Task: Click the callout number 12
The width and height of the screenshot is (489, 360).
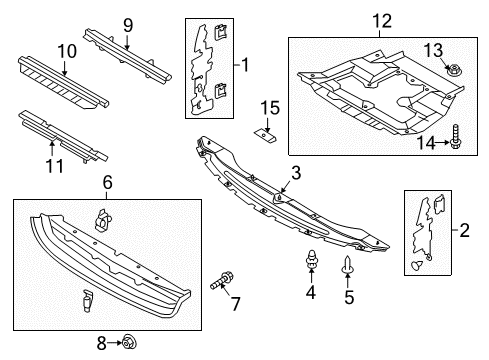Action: (x=382, y=21)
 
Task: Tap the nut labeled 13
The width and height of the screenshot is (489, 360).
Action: (x=452, y=71)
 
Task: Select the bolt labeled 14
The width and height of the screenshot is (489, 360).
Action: (x=455, y=137)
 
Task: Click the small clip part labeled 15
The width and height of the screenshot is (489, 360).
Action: (x=266, y=135)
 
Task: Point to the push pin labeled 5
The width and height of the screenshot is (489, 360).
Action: (x=347, y=265)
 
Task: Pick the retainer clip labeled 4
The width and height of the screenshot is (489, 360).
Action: (x=311, y=259)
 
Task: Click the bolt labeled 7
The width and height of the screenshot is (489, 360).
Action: (x=222, y=281)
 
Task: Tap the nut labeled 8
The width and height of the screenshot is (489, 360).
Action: (x=129, y=342)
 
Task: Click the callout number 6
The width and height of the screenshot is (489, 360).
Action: (x=107, y=183)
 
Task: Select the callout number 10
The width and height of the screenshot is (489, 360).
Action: (x=67, y=51)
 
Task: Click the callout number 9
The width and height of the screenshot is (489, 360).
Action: (x=128, y=26)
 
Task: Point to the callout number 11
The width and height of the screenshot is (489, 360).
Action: (x=54, y=166)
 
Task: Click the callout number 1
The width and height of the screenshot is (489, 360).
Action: (x=245, y=65)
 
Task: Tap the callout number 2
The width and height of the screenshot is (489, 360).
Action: (x=464, y=230)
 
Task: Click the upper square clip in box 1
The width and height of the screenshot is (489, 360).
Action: (x=220, y=33)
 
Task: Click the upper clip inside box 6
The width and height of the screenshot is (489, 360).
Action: (x=103, y=220)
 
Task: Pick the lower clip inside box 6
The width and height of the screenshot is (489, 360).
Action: (x=87, y=300)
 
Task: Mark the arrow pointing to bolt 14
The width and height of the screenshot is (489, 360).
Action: (x=442, y=143)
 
